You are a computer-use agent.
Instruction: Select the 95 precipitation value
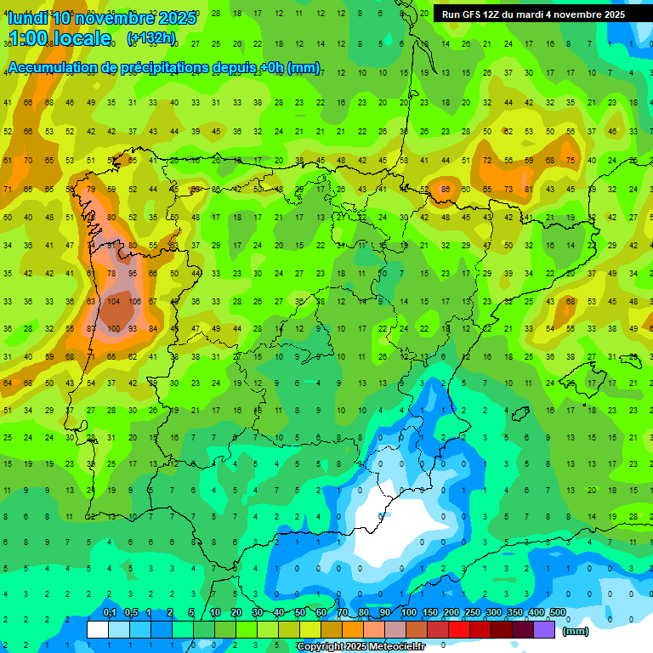[133, 274]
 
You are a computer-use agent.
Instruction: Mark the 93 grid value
[133, 329]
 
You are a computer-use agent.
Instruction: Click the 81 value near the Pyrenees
[528, 189]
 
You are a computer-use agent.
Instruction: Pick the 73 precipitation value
[508, 189]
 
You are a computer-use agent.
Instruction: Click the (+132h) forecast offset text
[150, 37]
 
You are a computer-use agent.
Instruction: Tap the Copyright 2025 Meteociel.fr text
[361, 647]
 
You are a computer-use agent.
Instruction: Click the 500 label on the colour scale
[557, 613]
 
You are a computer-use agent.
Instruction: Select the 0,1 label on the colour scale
[109, 613]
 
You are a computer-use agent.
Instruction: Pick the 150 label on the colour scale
[430, 613]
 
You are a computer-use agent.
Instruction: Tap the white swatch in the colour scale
[98, 629]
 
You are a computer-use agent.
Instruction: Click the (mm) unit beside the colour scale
[576, 631]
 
